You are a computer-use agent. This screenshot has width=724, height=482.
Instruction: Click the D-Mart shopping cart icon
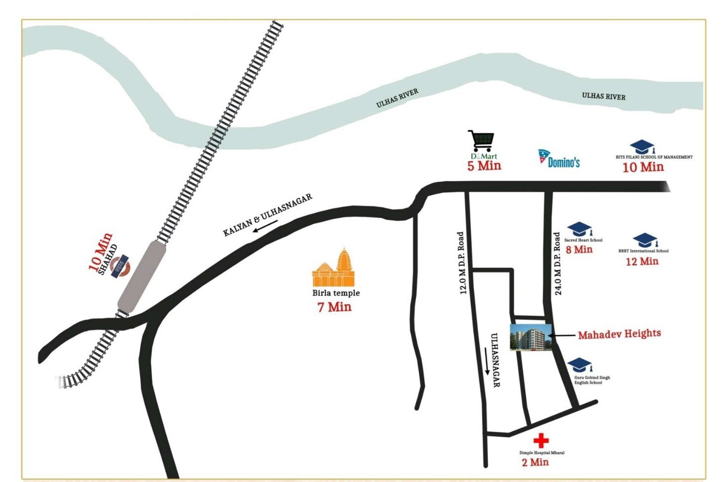pyautogui.click(x=481, y=141)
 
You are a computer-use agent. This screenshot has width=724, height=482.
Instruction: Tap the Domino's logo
pyautogui.click(x=559, y=159)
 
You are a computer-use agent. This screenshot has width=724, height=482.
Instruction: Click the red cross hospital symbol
pyautogui.click(x=541, y=440)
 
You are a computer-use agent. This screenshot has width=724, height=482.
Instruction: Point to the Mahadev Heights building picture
pyautogui.click(x=530, y=338)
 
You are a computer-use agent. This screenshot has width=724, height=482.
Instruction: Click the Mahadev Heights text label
pyautogui.click(x=619, y=334)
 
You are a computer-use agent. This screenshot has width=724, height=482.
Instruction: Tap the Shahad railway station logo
pyautogui.click(x=120, y=266)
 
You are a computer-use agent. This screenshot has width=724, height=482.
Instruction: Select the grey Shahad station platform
pyautogui.click(x=142, y=276)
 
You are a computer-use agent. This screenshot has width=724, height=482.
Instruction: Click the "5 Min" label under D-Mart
pyautogui.click(x=484, y=166)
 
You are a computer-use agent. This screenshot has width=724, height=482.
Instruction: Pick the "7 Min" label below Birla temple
pyautogui.click(x=334, y=307)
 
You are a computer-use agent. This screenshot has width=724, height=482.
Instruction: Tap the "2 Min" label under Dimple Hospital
pyautogui.click(x=535, y=462)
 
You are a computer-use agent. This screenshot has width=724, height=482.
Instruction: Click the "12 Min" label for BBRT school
pyautogui.click(x=642, y=261)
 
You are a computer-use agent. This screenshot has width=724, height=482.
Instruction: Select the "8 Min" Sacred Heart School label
pyautogui.click(x=579, y=249)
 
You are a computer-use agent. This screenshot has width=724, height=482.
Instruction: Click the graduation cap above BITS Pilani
pyautogui.click(x=642, y=147)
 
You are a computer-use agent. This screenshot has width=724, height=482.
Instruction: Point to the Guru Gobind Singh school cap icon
pyautogui.click(x=580, y=365)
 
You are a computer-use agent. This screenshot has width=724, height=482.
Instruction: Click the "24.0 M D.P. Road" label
pyautogui.click(x=557, y=264)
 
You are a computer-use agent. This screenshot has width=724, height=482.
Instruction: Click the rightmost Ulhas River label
pyautogui.click(x=603, y=96)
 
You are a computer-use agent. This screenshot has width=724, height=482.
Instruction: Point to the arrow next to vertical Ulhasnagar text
pyautogui.click(x=487, y=361)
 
